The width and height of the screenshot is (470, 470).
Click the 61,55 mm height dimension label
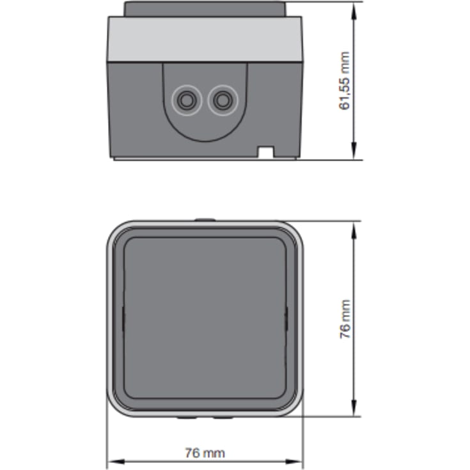click(x=345, y=81)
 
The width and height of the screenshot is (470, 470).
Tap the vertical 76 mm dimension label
click(x=345, y=319)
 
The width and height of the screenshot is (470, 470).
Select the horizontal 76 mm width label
click(x=205, y=453)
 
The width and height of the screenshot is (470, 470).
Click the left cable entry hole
click(x=187, y=100)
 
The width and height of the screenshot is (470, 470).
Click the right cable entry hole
click(x=223, y=100)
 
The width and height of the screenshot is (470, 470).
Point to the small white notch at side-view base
click(x=266, y=152)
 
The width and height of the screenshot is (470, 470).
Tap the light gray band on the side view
click(x=205, y=39)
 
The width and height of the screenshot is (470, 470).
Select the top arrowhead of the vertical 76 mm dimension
click(x=354, y=230)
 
